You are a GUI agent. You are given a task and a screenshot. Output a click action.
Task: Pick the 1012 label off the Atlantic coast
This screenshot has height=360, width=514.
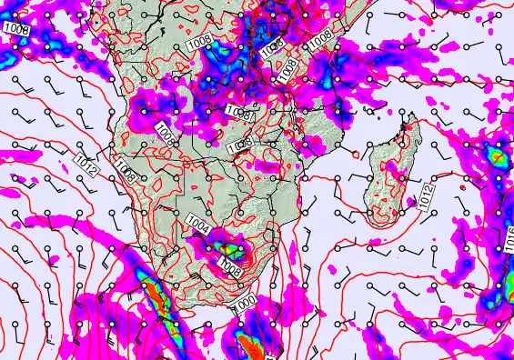86,165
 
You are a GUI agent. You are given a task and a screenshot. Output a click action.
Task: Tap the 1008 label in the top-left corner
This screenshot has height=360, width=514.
15,30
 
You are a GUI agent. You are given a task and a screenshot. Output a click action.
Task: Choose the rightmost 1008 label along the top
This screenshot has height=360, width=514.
319,40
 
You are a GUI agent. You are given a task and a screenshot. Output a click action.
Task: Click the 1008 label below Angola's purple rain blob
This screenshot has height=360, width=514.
165,133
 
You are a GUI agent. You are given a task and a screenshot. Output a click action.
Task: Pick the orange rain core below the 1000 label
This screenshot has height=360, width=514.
248,345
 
